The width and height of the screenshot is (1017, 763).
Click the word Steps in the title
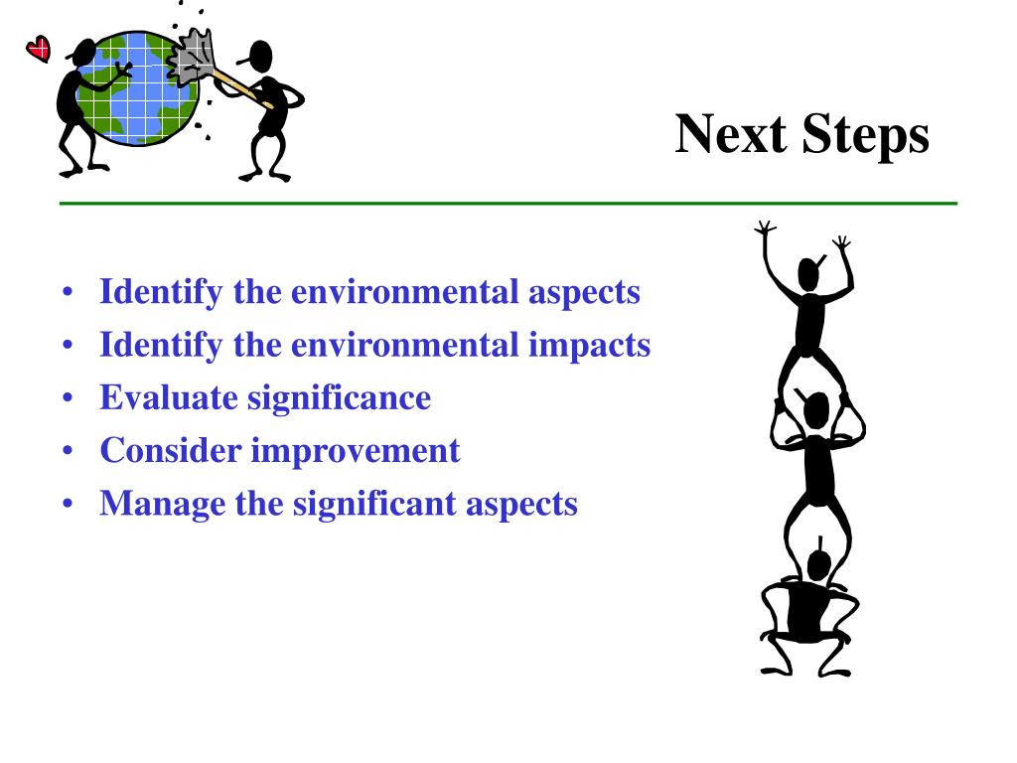click(865, 136)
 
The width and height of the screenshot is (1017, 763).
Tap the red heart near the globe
click(38, 48)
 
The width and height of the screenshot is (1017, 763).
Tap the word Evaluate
click(169, 397)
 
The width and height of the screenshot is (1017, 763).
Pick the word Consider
click(171, 450)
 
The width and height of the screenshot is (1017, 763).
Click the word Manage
click(163, 503)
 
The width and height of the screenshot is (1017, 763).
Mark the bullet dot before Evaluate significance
click(67, 398)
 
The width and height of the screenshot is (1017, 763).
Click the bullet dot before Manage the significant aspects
click(67, 504)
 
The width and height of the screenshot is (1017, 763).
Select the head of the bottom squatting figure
click(818, 565)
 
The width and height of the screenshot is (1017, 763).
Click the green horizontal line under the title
click(508, 204)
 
